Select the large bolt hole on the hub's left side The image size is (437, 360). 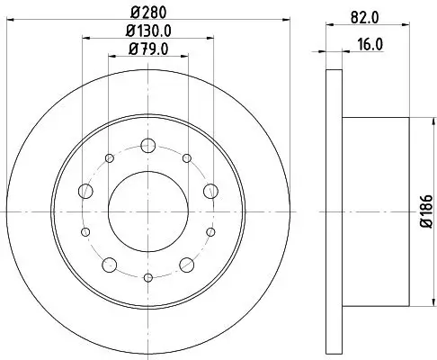click(85, 191)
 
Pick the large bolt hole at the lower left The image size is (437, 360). click(109, 264)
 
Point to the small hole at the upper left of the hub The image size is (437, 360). click(109, 158)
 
